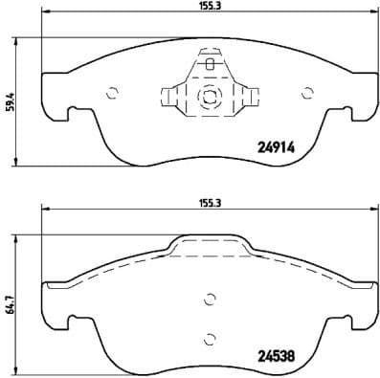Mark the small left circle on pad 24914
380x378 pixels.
click(112, 93)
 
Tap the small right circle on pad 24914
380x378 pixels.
click(307, 93)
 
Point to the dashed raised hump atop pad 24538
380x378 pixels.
click(210, 247)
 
